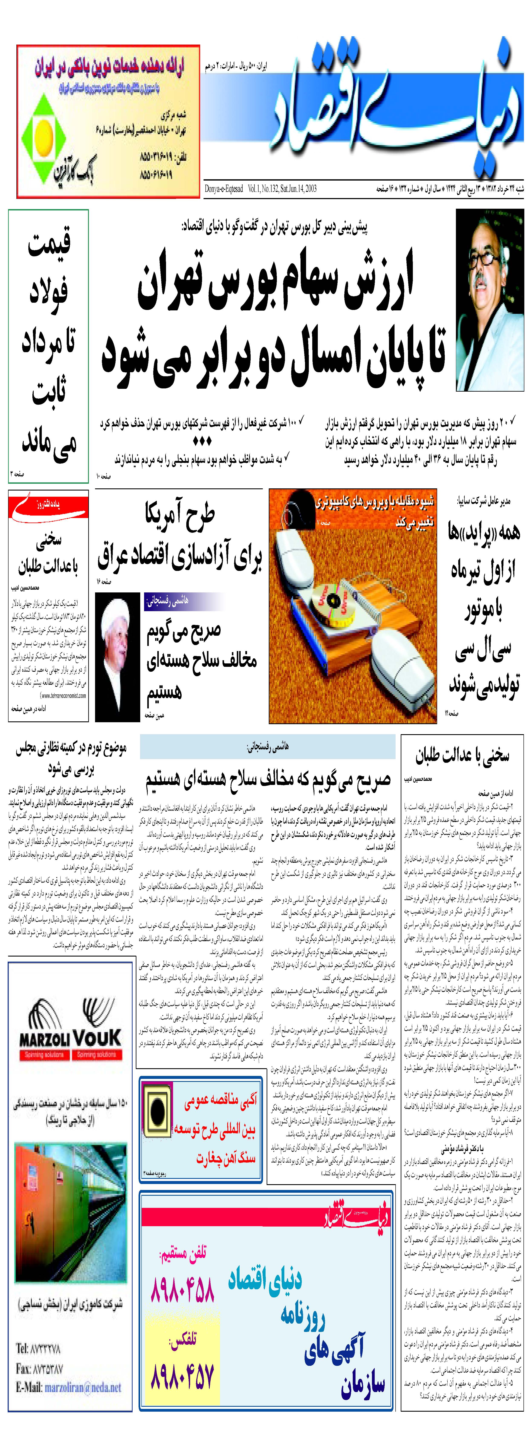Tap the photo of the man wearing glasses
point(490,300)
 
